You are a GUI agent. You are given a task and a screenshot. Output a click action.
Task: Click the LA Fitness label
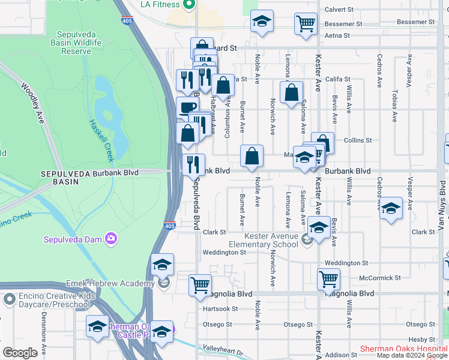click(x=160, y=4)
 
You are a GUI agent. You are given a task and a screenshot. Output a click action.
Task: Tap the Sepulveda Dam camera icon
click(x=111, y=239)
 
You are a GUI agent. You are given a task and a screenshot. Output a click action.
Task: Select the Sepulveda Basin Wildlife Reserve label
click(x=79, y=43)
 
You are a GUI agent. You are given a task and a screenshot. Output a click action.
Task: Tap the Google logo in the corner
click(x=20, y=353)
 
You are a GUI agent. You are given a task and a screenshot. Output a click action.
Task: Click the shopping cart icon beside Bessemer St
click(x=306, y=25)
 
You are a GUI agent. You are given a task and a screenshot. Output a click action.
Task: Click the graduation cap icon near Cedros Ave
click(x=391, y=208)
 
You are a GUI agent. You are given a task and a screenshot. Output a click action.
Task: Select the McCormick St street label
click(x=380, y=278)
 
